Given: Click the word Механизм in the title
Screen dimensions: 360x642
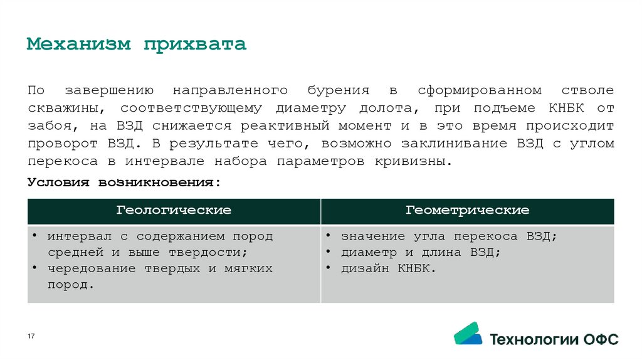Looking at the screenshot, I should coord(79,45).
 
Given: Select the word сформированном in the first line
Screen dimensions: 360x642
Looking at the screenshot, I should coord(481,91).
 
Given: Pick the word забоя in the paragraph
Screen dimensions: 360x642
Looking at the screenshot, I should coord(48,126).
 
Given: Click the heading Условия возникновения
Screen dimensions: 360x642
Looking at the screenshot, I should coord(124,182).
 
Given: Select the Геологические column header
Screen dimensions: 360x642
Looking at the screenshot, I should coord(174,211).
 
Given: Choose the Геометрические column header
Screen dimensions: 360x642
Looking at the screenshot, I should coord(467,211).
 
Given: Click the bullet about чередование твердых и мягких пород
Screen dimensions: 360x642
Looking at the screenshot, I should coord(160,276).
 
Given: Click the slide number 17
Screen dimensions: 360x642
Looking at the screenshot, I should coord(31,337).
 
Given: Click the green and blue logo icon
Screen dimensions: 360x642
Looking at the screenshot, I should coord(468,334).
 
